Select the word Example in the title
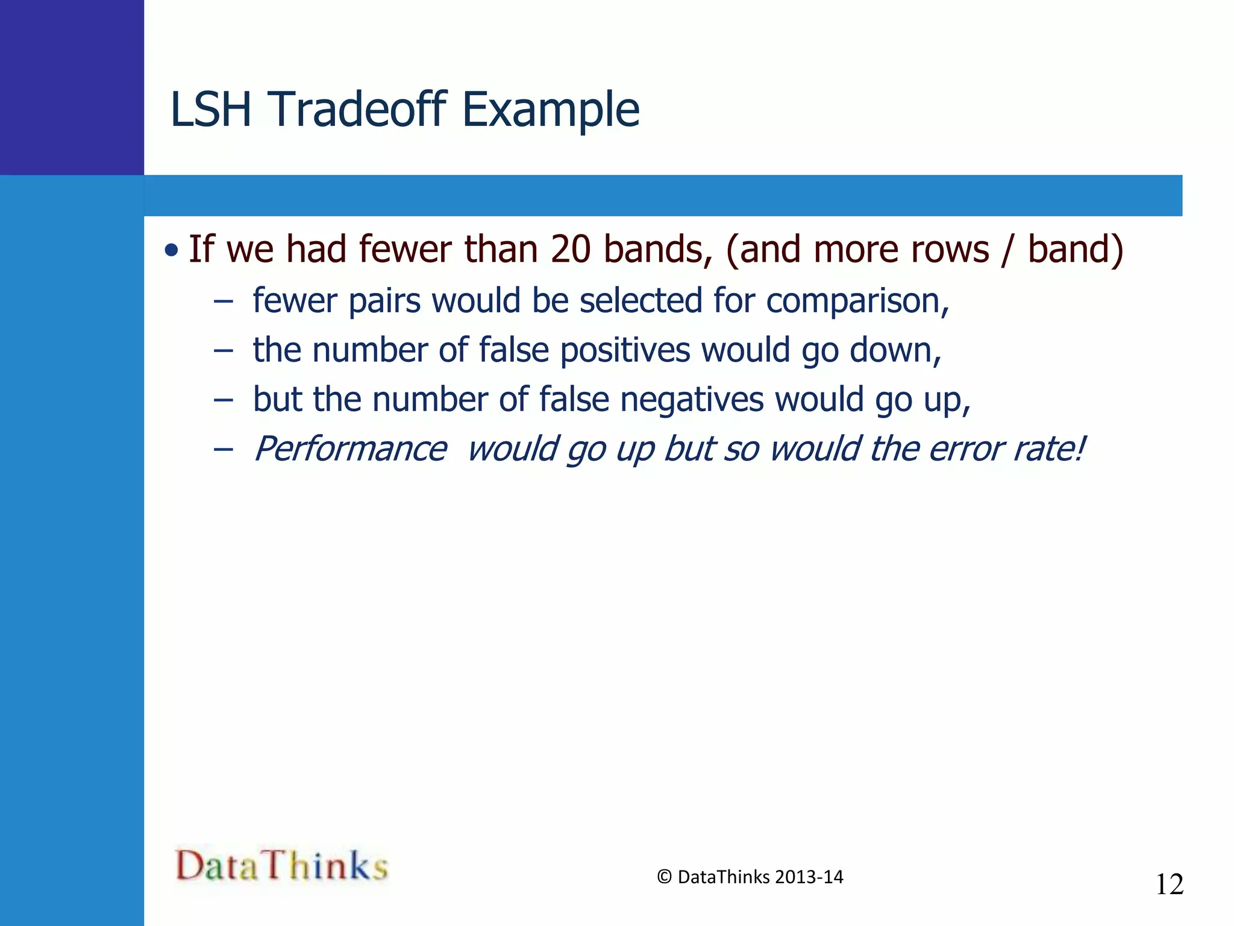pos(551,110)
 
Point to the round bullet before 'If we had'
pos(172,250)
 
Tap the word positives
pos(625,350)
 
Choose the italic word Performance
pos(350,449)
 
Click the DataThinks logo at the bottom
pos(281,866)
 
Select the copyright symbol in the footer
pos(664,877)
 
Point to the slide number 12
pos(1169,884)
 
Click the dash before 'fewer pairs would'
pos(223,301)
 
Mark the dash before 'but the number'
pos(223,400)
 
